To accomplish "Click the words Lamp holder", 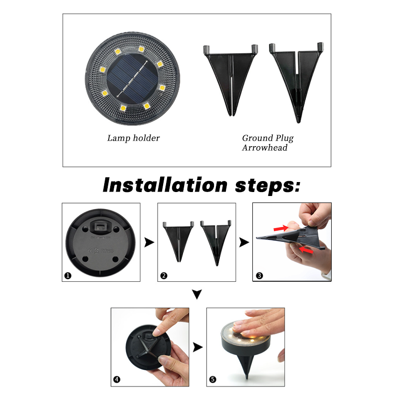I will coord(133,138).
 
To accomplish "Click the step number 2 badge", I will coord(164,275).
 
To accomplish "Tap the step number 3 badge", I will coord(259,275).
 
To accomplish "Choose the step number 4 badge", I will coord(117,380).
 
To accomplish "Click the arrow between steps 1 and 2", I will coord(148,242).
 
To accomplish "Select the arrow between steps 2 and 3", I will coord(244,242).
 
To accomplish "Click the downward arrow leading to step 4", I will coord(197,295).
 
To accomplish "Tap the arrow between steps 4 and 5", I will coord(198,347).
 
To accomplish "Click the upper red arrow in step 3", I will coord(281,228).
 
